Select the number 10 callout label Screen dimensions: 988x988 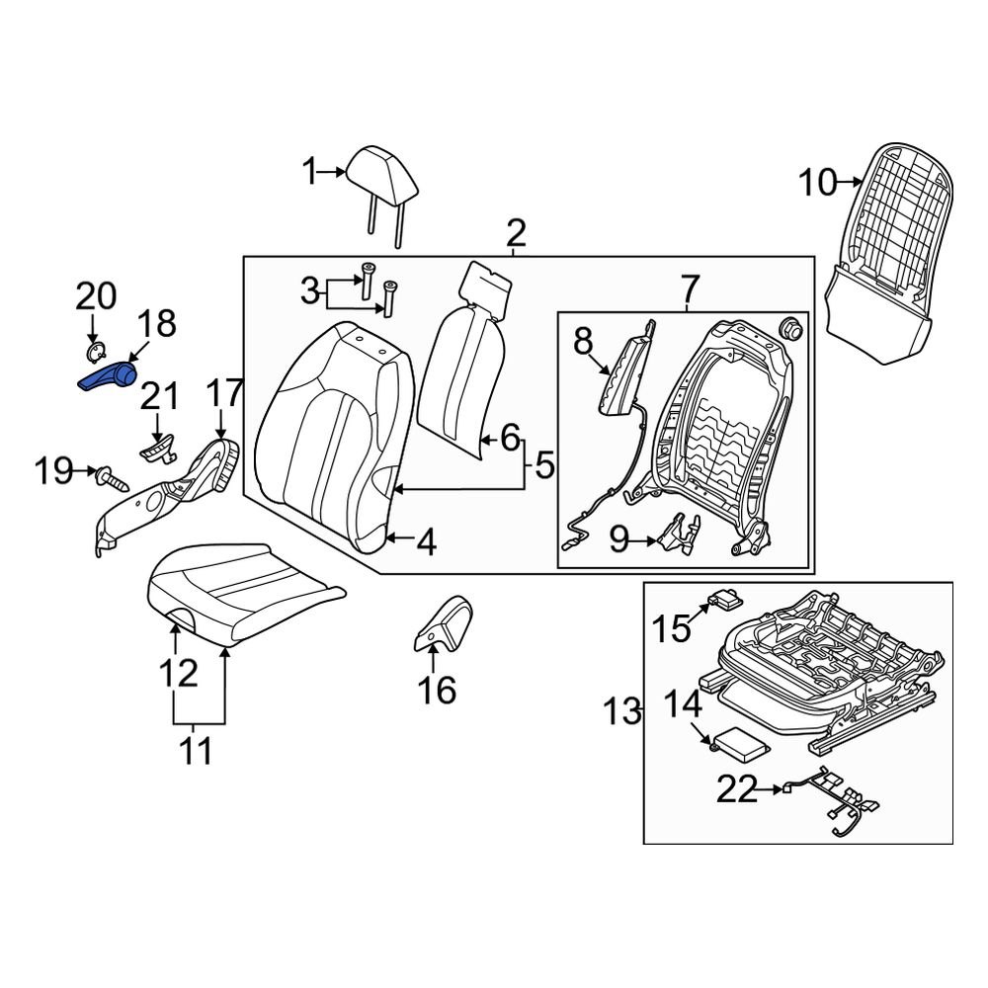(816, 183)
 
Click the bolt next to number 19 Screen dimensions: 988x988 (111, 479)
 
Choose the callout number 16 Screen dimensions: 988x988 (437, 690)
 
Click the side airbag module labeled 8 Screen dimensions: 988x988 (619, 377)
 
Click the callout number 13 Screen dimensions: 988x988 (622, 711)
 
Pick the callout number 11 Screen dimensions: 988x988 (200, 752)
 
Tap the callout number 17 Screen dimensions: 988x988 (224, 394)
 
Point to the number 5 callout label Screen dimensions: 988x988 (544, 464)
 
